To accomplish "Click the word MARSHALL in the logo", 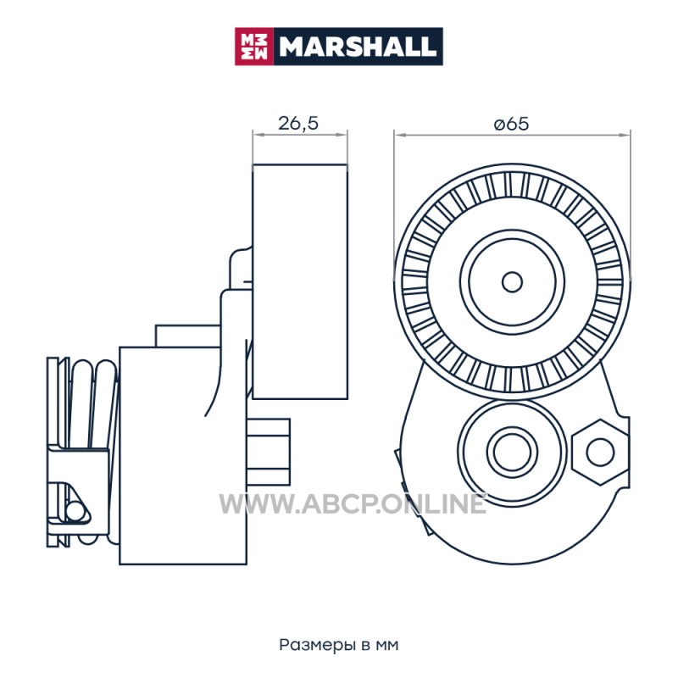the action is coord(357,47).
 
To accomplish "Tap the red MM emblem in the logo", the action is coord(254,47).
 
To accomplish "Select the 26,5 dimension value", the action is coord(298,123).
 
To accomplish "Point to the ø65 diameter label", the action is coord(511,124).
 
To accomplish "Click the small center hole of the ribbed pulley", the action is coord(512,282).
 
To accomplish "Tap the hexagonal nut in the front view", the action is coord(600,453).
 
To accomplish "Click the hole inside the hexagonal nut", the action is coord(600,453).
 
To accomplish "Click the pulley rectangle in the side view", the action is coord(300,281).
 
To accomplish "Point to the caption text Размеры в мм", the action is coord(338,645).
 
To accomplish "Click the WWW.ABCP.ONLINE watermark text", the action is coord(353,504).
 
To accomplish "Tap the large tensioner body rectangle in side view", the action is coord(183,455).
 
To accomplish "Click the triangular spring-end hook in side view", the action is coord(77,503).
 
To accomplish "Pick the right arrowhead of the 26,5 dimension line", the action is coord(342,135).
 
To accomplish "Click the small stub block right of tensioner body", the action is coord(269,452).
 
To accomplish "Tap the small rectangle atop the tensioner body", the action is coord(187,336).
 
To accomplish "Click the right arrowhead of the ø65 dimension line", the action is coord(625,135).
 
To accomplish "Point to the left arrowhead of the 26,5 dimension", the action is coord(259,135).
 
